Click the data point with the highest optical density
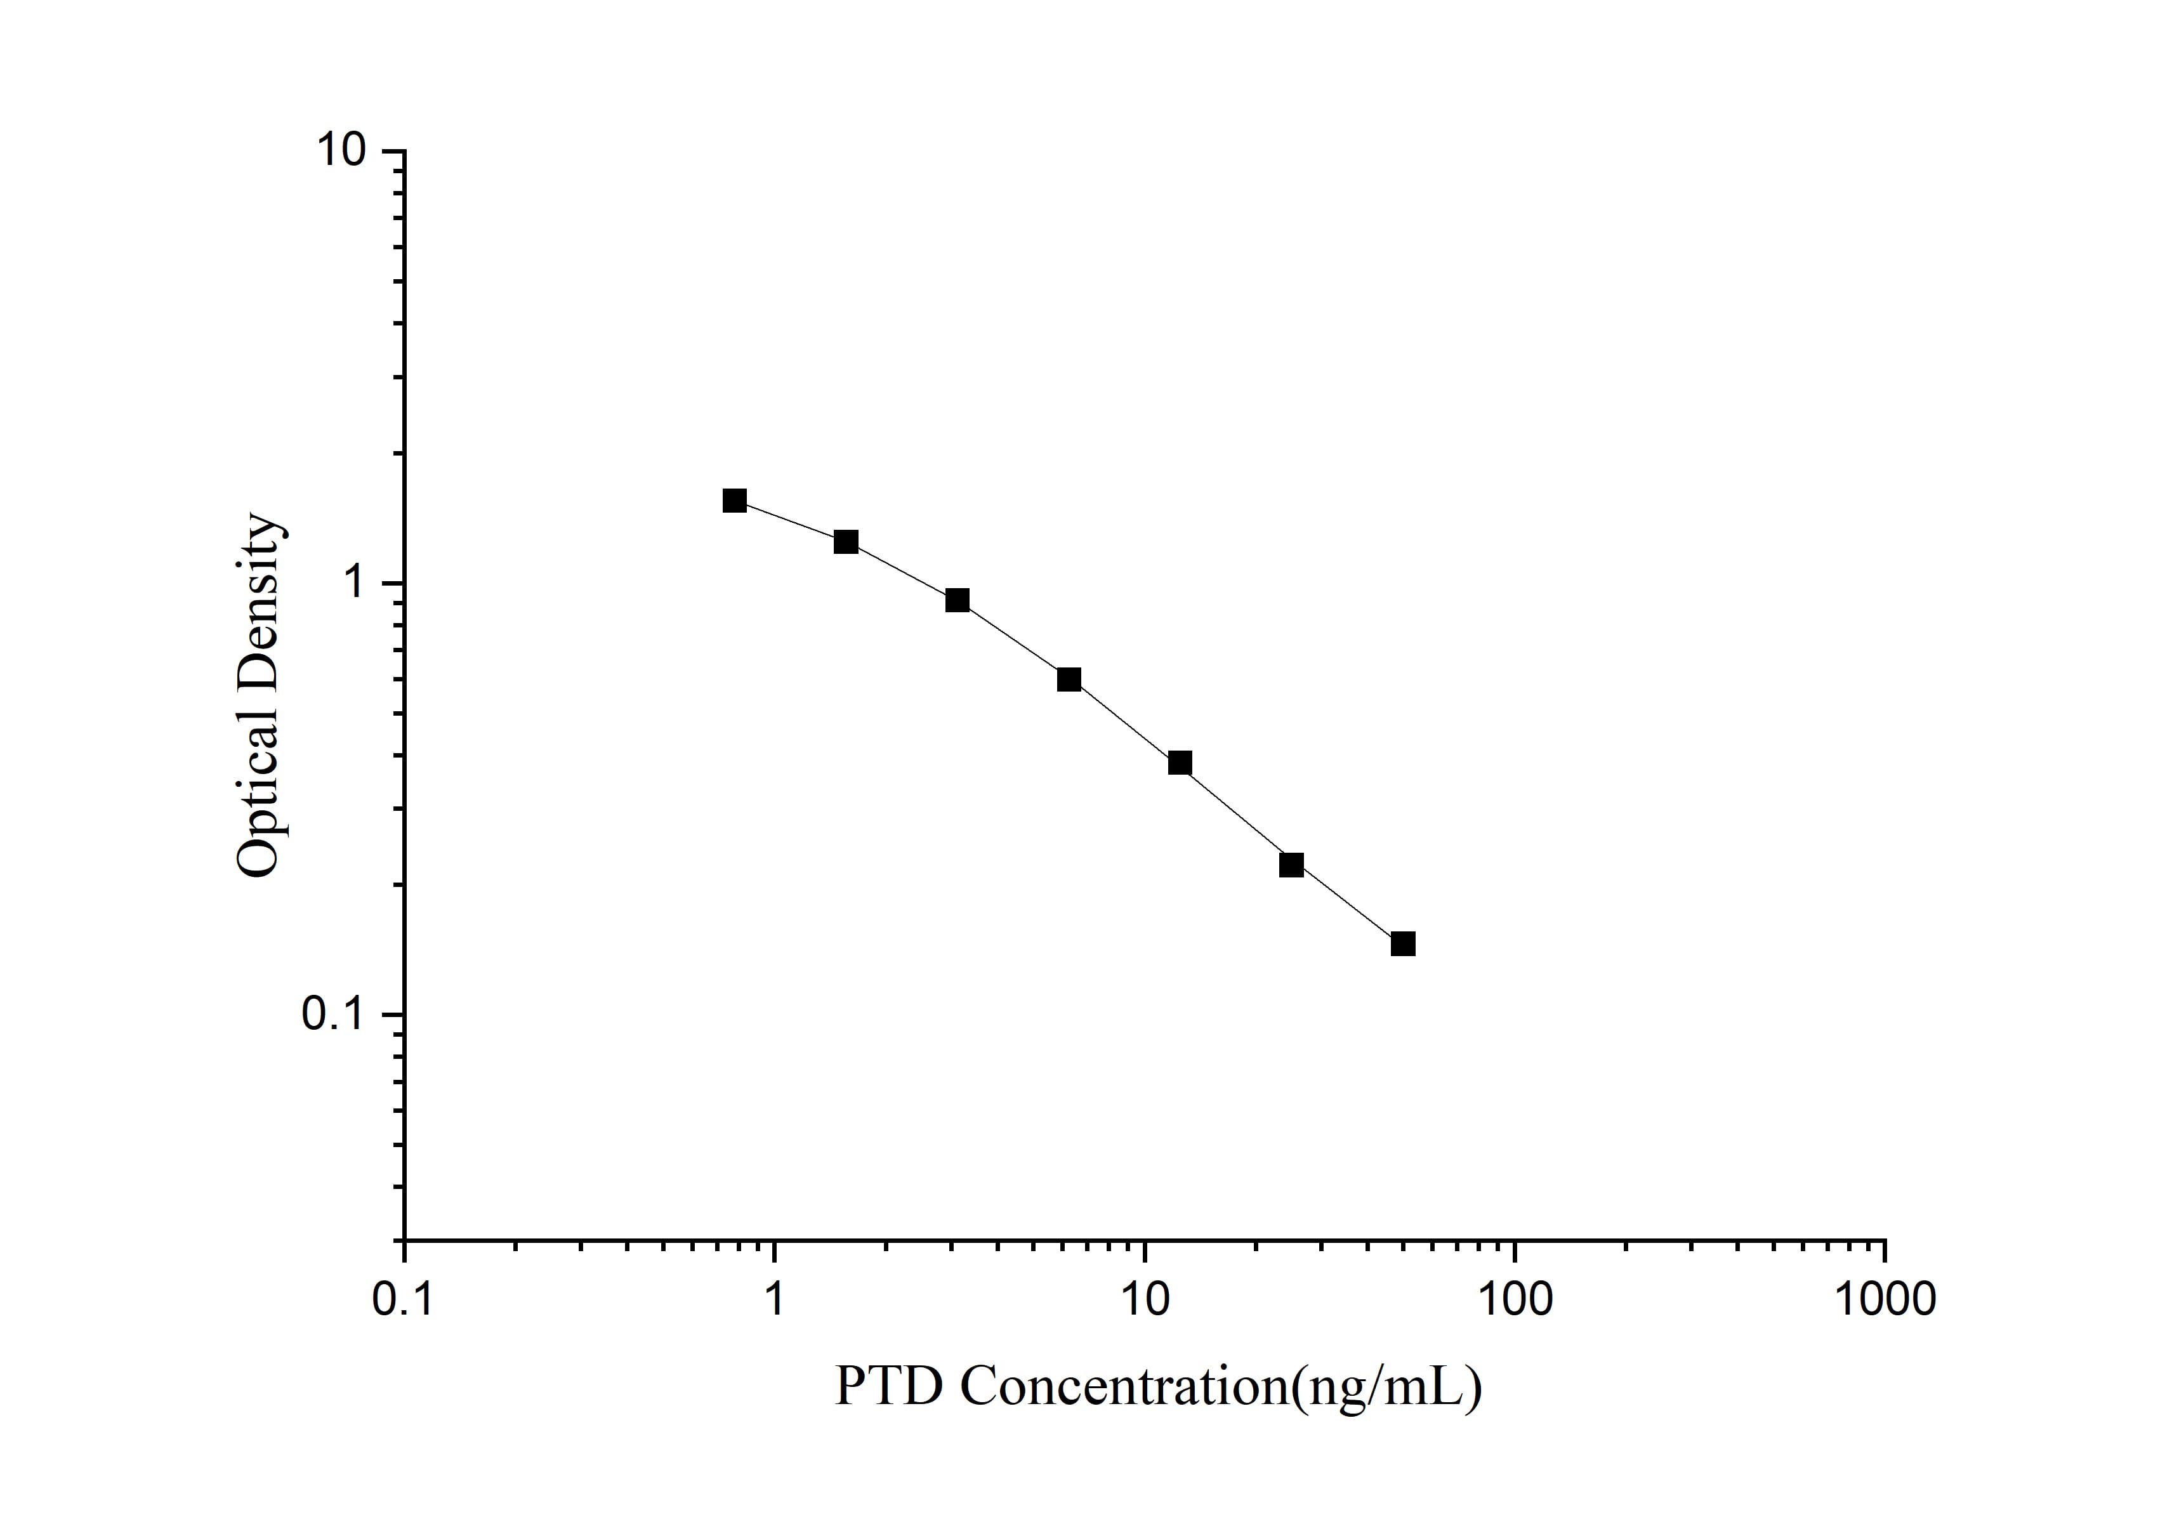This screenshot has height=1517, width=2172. (x=734, y=501)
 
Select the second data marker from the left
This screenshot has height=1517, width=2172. (x=846, y=542)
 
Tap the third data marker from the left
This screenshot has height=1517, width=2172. (x=958, y=600)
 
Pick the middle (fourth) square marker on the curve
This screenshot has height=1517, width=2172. (x=1069, y=679)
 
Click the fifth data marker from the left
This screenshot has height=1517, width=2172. (x=1180, y=762)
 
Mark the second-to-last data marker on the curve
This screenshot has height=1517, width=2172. (x=1291, y=864)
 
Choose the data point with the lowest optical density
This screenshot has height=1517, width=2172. (x=1403, y=943)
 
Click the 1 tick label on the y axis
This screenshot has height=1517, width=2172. (x=356, y=582)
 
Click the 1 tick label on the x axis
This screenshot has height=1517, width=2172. (x=775, y=1301)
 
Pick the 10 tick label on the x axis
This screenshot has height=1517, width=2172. (x=1145, y=1301)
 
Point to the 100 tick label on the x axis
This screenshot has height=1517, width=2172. (x=1515, y=1301)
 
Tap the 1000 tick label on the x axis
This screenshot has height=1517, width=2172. (x=1885, y=1301)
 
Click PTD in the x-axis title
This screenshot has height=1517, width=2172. (x=889, y=1386)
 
